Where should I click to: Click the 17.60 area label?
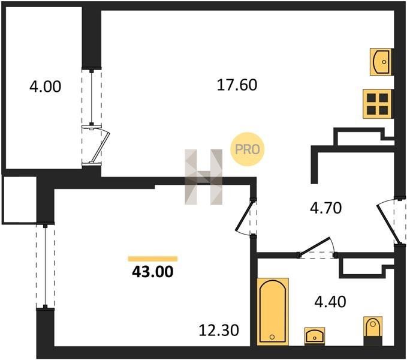[237, 85]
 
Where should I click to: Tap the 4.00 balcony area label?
[46, 86]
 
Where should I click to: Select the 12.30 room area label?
[219, 331]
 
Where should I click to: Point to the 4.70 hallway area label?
[325, 208]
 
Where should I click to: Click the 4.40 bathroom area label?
[330, 302]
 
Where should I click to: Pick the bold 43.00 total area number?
[153, 272]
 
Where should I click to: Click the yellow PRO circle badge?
[248, 149]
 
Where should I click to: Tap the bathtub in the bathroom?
[273, 311]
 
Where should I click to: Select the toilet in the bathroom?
[373, 331]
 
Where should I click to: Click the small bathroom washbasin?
[315, 336]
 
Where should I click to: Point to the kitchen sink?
[381, 62]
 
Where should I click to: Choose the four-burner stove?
[377, 104]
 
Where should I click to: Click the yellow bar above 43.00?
[153, 259]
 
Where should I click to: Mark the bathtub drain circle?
[272, 337]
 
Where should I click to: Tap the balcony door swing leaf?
[101, 145]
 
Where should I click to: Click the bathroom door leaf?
[315, 246]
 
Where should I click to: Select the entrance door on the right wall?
[387, 224]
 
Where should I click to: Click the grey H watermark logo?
[204, 177]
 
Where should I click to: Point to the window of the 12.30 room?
[46, 266]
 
